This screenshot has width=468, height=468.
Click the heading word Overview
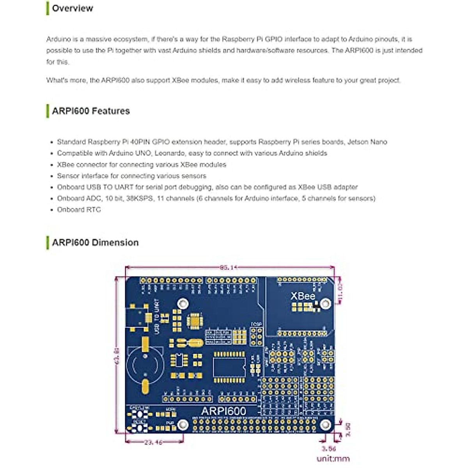73,8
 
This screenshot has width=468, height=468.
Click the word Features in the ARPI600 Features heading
111,111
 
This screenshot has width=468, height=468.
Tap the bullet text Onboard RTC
79,209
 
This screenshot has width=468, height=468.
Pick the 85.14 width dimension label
228,268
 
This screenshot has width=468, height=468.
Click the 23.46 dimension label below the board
153,442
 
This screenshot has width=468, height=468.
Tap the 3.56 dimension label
328,449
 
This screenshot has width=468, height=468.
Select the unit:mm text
333,459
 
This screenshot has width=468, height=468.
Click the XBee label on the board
303,296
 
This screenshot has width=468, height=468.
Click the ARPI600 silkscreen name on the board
223,411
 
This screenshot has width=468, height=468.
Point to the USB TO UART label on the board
157,316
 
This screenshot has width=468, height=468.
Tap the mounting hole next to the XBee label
325,303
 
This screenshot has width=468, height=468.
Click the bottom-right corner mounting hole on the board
325,425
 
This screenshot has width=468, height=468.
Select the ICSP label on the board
256,324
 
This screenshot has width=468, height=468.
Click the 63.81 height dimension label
117,356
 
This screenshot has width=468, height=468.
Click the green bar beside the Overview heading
48,8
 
